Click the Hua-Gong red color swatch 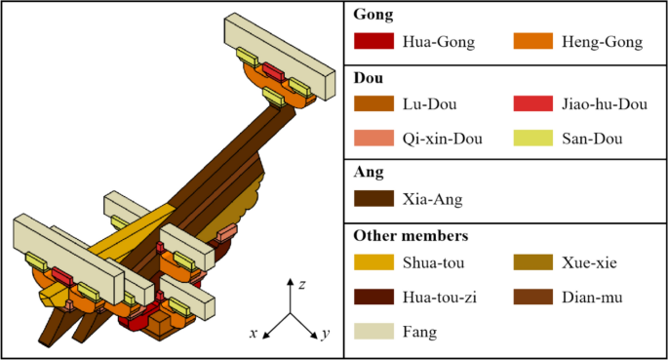point(373,43)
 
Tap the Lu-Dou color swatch point(373,103)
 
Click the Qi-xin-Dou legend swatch point(373,139)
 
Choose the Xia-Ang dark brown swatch point(373,200)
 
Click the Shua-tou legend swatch point(373,261)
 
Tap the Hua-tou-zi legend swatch point(373,297)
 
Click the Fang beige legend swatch point(373,333)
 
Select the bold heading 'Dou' point(368,77)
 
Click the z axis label point(303,284)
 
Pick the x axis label point(253,334)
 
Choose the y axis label point(325,335)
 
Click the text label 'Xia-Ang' point(430,200)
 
